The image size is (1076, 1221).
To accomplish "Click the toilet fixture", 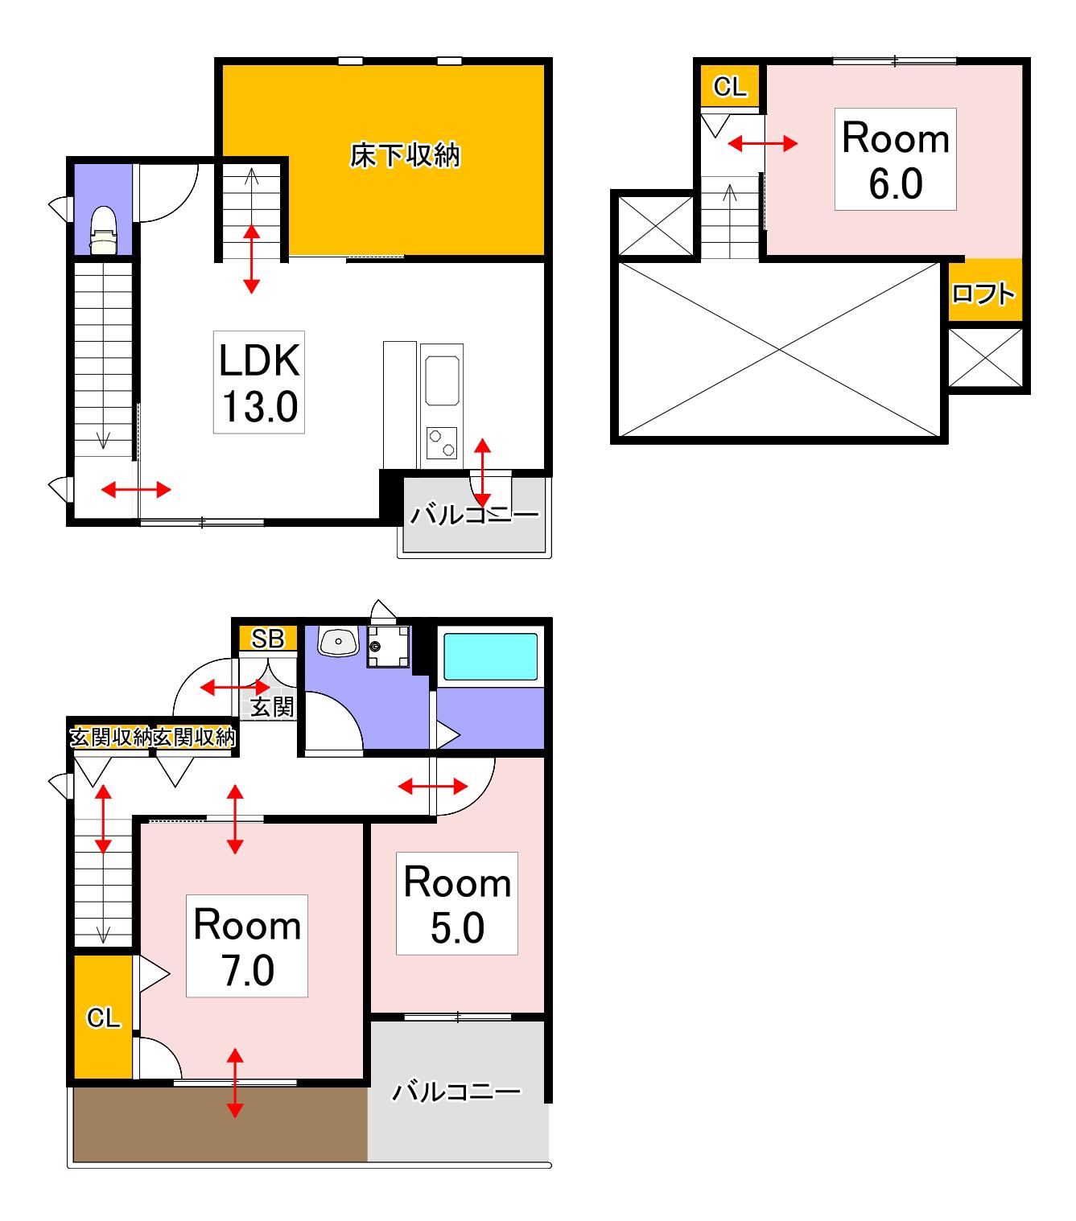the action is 103,230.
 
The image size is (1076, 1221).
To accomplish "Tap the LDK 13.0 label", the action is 259,382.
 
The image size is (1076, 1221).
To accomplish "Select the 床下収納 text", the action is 405,155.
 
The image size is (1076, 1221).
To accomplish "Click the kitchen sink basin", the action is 442,380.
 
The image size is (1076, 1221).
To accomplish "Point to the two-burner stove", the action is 442,443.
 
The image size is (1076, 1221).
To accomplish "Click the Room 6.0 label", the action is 896,159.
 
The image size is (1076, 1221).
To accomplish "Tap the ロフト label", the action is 983,294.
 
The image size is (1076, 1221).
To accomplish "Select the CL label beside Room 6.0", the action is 730,87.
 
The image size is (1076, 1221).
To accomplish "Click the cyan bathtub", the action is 490,656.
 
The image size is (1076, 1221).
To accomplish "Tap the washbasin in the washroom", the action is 338,641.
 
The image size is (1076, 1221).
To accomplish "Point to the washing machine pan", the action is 389,646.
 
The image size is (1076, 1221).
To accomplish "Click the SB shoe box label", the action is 268,638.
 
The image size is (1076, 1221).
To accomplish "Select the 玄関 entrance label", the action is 273,707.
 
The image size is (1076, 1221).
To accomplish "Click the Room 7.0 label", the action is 247,946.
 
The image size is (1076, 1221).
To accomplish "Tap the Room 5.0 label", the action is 457,903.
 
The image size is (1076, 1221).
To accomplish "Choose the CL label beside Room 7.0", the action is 103,1017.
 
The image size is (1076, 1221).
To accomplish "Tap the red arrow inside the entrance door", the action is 235,687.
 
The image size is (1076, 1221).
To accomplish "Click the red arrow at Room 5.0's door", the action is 432,786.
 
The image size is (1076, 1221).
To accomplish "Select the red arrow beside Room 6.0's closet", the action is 763,143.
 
